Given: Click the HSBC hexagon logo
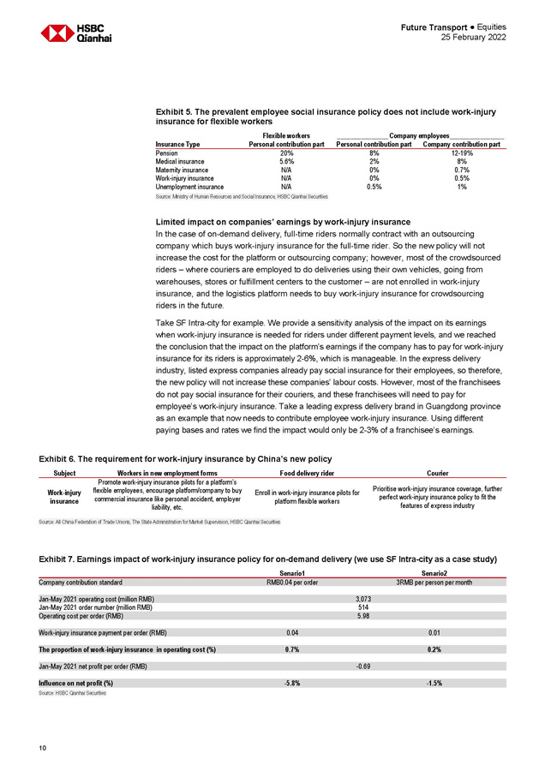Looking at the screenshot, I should [57, 33].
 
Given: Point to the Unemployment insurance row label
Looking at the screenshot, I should [189, 186].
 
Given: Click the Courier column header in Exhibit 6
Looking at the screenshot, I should [437, 472].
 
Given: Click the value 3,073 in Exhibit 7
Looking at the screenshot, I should [363, 597].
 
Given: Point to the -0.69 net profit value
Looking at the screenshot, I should [363, 666].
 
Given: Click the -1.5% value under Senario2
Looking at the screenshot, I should [434, 683].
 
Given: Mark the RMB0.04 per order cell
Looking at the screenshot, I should [294, 582].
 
